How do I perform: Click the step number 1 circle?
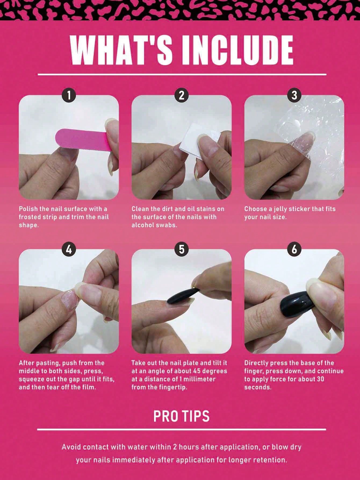pyautogui.click(x=69, y=96)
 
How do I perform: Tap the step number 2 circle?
pyautogui.click(x=182, y=96)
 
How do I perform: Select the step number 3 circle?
pyautogui.click(x=294, y=96)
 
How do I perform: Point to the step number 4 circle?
pyautogui.click(x=69, y=250)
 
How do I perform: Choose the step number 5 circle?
pyautogui.click(x=182, y=250)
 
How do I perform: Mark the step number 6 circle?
pyautogui.click(x=294, y=250)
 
